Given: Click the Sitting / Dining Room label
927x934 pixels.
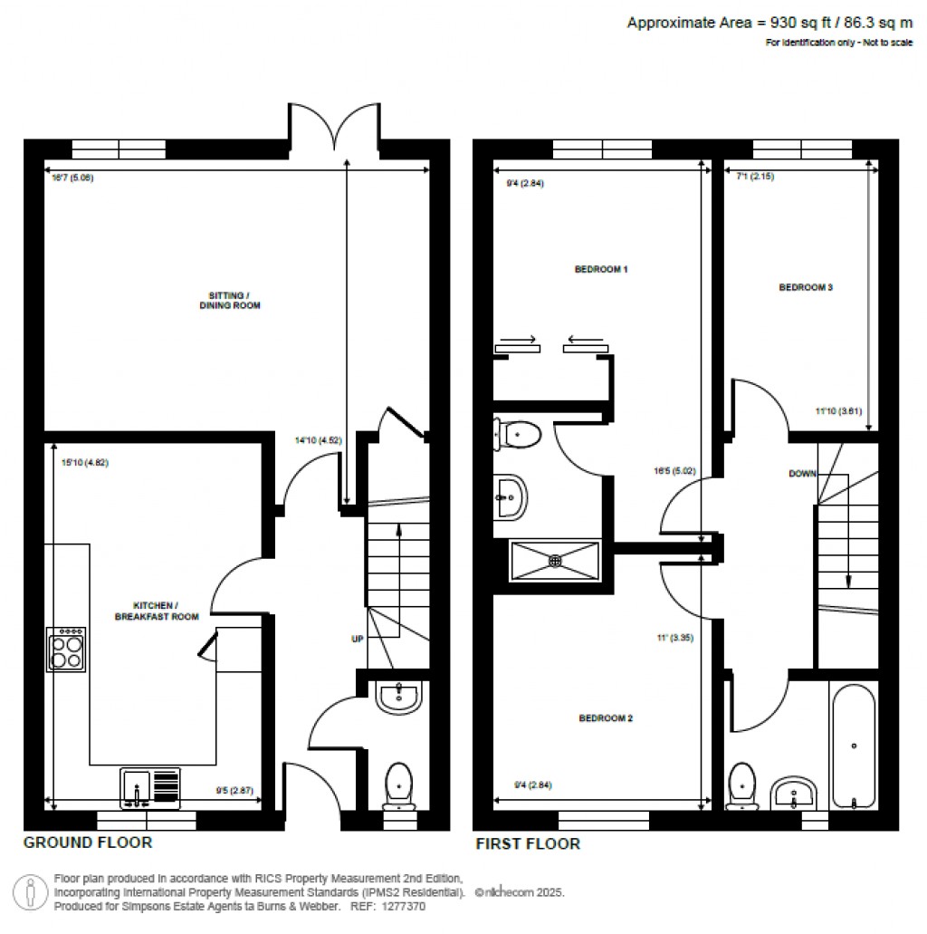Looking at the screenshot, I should [229, 300].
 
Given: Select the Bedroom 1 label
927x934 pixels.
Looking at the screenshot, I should [601, 269].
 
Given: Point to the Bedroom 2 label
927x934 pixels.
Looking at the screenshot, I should [606, 718].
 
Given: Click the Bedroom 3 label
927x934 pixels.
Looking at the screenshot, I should [806, 287].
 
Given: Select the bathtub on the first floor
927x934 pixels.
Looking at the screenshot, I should [853, 746].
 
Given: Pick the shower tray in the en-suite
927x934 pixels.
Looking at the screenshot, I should [555, 560].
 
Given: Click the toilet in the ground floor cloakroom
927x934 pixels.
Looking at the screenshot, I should [398, 784].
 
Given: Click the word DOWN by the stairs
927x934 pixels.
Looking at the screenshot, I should [803, 474].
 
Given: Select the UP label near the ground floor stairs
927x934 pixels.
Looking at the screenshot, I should [358, 639].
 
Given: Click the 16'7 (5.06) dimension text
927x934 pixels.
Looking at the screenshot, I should [72, 178].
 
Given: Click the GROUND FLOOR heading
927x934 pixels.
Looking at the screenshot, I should [88, 843].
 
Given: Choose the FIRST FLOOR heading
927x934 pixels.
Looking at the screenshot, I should [528, 844].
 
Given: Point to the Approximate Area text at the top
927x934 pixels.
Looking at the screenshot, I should [763, 24].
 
